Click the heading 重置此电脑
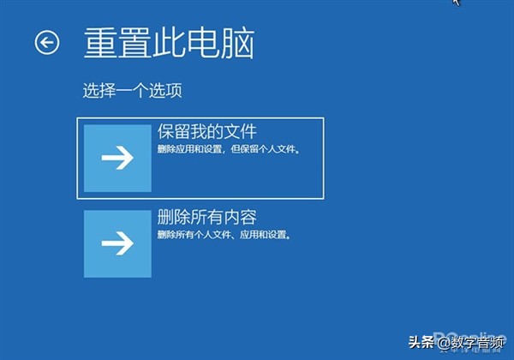pos(169,42)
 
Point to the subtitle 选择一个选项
pos(133,90)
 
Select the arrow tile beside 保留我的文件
pos(117,159)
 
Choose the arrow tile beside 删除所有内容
pos(117,243)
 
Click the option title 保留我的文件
pos(207,132)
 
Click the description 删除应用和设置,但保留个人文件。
pos(233,150)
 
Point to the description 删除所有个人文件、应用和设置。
pos(224,234)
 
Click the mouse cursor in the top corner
pos(456,3)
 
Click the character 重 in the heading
pos(100,42)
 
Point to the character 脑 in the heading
pos(237,42)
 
